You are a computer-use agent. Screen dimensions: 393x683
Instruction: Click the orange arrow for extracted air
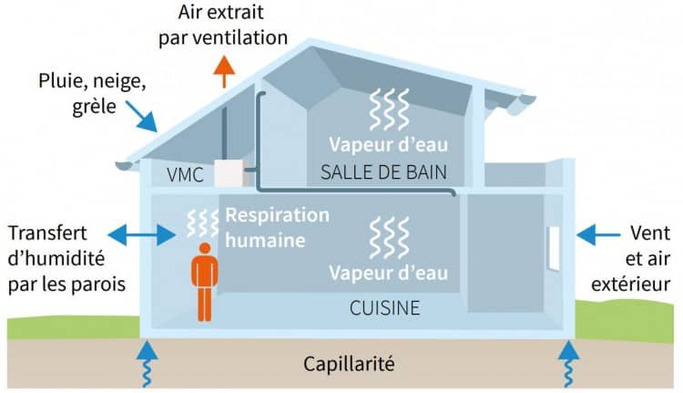pos(221,70)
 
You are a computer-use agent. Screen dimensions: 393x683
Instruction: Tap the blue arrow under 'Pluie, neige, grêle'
pos(143,119)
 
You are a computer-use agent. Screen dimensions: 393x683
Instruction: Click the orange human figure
pos(204,277)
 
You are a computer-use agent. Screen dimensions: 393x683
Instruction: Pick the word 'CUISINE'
pos(385,308)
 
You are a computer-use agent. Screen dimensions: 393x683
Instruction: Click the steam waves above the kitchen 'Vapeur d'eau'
pos(383,239)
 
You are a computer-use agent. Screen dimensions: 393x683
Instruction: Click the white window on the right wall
pos(552,246)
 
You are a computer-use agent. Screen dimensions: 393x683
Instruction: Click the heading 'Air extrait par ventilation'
pos(222,26)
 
